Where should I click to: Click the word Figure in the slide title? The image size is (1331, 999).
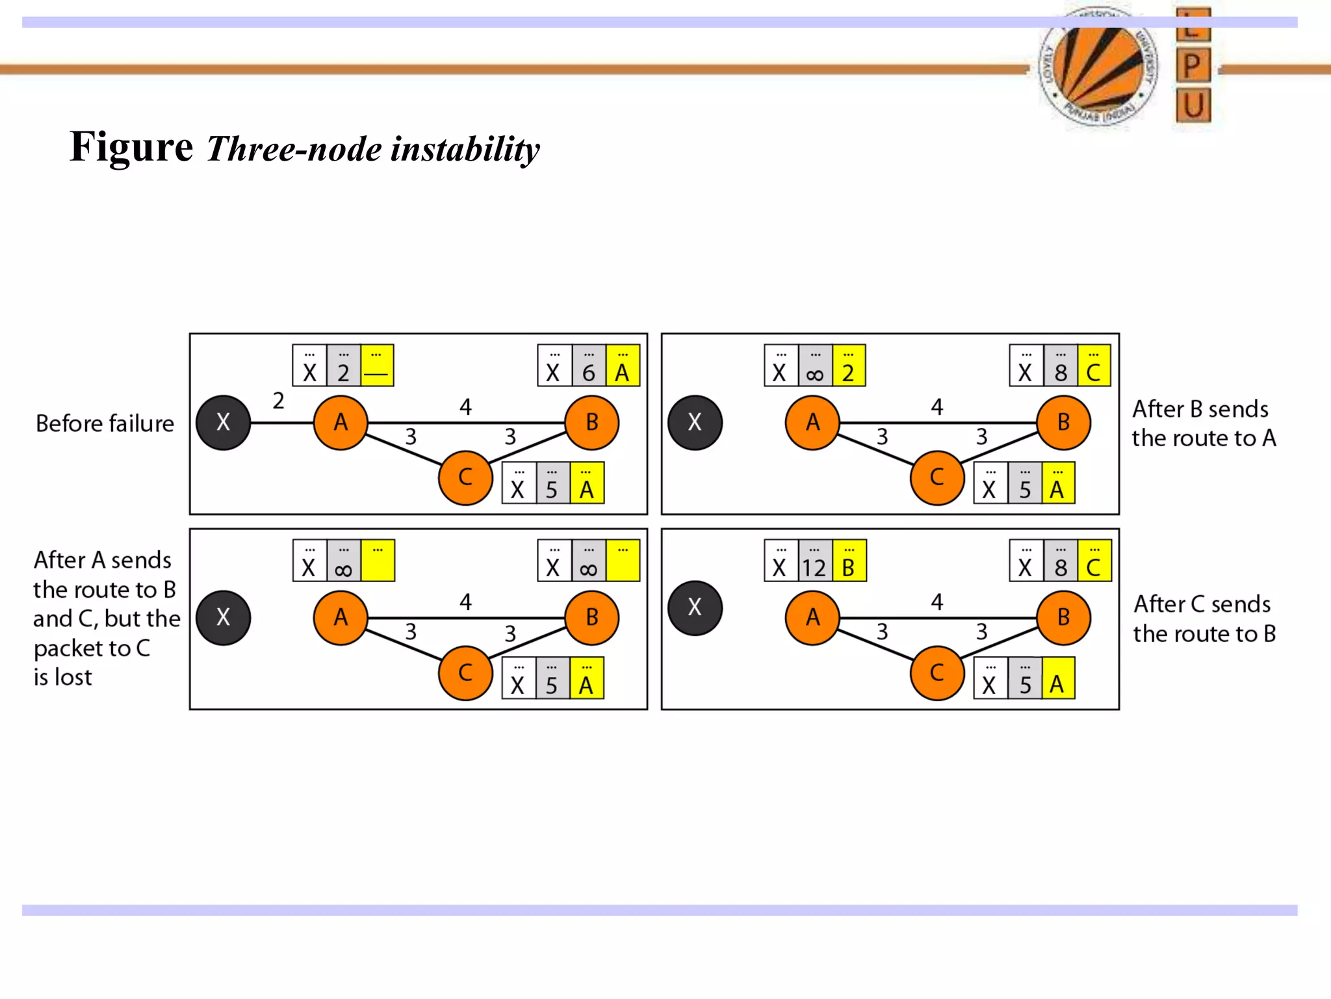[131, 147]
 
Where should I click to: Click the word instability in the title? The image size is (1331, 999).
[465, 149]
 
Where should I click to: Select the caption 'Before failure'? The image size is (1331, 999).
[105, 423]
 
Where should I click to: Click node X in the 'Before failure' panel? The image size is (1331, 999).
[223, 423]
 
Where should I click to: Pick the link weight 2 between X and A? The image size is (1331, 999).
[278, 401]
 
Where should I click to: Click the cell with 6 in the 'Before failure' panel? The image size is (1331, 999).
[589, 366]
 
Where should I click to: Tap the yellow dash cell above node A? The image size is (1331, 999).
[377, 366]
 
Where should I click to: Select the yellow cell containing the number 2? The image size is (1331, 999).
[848, 366]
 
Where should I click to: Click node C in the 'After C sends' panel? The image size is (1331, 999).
[937, 673]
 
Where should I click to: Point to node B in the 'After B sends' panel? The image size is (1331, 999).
[1063, 423]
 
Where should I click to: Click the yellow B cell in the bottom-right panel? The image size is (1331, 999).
[849, 561]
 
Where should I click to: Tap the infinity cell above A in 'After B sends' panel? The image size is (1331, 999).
[814, 366]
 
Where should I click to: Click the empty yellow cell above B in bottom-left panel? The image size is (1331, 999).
[623, 561]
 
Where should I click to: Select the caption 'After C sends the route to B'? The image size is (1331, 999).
[1204, 619]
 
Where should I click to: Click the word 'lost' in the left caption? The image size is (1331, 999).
[73, 677]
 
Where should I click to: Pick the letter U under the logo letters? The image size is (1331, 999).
[1193, 105]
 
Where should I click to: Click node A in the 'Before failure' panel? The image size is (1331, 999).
[341, 423]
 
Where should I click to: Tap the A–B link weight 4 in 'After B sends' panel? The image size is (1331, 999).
[937, 407]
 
